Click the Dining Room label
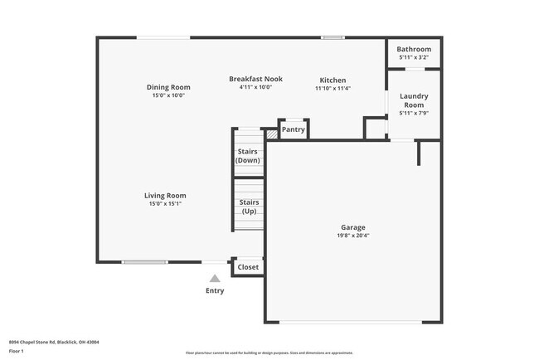click(168, 87)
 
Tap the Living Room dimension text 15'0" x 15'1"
click(166, 203)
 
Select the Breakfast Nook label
click(255, 79)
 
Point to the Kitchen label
click(333, 80)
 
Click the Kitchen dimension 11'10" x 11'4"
click(333, 89)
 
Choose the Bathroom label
click(414, 50)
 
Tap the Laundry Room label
click(414, 100)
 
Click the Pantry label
click(294, 129)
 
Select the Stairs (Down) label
click(248, 156)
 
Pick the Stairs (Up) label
click(249, 207)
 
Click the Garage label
click(352, 227)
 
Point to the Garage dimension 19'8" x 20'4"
click(352, 236)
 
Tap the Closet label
click(248, 267)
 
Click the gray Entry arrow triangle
click(215, 280)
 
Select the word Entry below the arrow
click(215, 291)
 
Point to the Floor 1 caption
click(17, 351)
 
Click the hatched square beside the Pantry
click(271, 133)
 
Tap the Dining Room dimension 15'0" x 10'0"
click(168, 95)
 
